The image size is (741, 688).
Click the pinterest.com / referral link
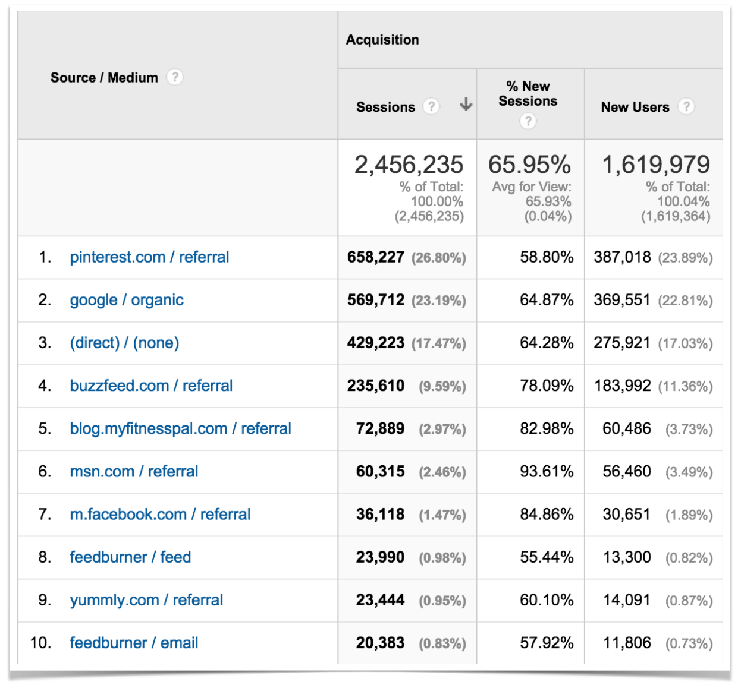pos(149,257)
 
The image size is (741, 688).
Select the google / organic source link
pos(127,300)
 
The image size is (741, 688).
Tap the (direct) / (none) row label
pos(124,343)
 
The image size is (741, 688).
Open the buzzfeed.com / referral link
pos(151,386)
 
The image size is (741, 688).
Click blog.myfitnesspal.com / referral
pos(180,428)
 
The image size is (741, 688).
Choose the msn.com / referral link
pos(134,471)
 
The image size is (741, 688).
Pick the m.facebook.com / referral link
pos(160,514)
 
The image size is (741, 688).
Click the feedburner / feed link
pos(130,557)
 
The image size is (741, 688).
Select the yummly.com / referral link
pos(146,600)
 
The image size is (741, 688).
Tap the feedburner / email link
pos(134,643)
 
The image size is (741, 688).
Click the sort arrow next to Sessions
pos(466,105)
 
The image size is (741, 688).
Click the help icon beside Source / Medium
pos(174,77)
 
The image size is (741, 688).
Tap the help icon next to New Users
pos(686,106)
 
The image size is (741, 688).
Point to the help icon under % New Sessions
pos(528,121)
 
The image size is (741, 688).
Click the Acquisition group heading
pos(382,40)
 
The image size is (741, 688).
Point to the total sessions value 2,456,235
pos(409,165)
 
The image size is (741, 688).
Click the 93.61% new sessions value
pos(546,472)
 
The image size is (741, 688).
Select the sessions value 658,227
pos(376,257)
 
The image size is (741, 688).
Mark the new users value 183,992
pos(623,386)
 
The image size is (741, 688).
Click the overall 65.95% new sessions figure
pos(529,165)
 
